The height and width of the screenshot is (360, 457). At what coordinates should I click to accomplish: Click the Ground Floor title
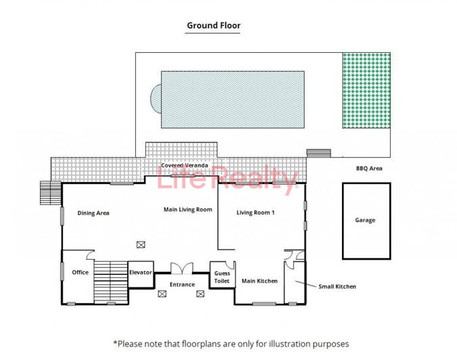[x=214, y=26]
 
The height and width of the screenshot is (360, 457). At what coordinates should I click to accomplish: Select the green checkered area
[x=366, y=91]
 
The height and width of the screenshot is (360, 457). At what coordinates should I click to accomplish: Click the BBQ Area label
[x=369, y=168]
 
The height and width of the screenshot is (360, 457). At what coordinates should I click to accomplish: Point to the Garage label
[x=365, y=220]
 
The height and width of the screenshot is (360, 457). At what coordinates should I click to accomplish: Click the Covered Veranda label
[x=183, y=164]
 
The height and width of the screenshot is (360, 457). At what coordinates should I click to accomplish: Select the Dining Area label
[x=93, y=213]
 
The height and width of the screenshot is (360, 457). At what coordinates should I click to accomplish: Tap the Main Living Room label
[x=188, y=210]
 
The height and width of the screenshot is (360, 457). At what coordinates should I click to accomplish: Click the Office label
[x=80, y=273]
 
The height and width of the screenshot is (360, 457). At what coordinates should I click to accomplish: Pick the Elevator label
[x=141, y=273]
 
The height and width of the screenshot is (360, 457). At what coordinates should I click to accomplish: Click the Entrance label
[x=182, y=285]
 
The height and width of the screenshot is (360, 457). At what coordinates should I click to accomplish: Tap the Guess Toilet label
[x=222, y=277]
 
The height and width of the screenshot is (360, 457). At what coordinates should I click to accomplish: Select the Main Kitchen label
[x=260, y=281]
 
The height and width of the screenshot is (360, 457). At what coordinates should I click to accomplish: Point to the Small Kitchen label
[x=337, y=286]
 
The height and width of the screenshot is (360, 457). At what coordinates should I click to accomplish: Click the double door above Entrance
[x=181, y=269]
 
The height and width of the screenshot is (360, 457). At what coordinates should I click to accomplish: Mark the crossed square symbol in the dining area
[x=141, y=244]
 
